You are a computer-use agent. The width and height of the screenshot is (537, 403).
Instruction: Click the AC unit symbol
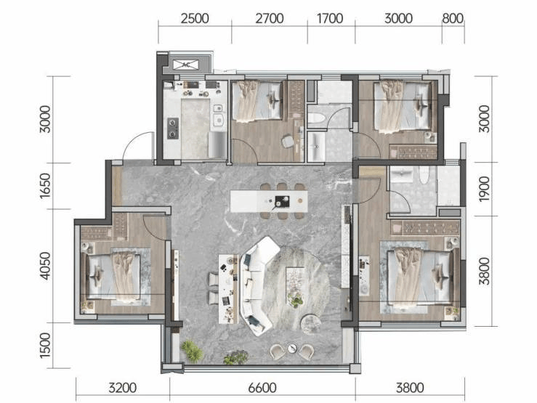pyautogui.click(x=185, y=65)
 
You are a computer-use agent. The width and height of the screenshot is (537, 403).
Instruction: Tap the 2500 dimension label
pyautogui.click(x=195, y=18)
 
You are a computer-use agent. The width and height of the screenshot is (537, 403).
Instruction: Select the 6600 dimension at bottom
pyautogui.click(x=262, y=388)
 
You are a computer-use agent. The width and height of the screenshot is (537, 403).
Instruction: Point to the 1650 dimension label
pyautogui.click(x=45, y=186)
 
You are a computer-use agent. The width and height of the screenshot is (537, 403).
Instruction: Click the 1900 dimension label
pyautogui.click(x=484, y=190)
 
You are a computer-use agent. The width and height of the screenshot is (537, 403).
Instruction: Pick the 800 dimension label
pyautogui.click(x=453, y=18)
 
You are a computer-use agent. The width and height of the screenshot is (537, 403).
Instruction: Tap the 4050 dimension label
pyautogui.click(x=45, y=266)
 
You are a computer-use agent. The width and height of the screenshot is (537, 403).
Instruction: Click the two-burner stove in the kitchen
pyautogui.click(x=173, y=129)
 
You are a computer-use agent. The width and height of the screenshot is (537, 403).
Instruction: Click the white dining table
pyautogui.click(x=269, y=202)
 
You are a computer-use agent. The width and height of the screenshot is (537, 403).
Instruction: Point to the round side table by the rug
pyautogui.click(x=311, y=323)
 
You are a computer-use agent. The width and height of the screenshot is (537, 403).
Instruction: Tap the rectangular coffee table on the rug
pyautogui.click(x=296, y=285)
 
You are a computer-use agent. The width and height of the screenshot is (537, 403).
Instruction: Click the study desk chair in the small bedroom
pyautogui.click(x=288, y=141)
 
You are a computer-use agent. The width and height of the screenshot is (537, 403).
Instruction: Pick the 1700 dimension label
pyautogui.click(x=330, y=18)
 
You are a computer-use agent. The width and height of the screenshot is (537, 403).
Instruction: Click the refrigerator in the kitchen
pyautogui.click(x=217, y=145)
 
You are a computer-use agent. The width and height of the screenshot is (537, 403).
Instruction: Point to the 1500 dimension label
pyautogui.click(x=45, y=346)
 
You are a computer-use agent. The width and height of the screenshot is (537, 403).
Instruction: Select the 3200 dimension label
pyautogui.click(x=123, y=388)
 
